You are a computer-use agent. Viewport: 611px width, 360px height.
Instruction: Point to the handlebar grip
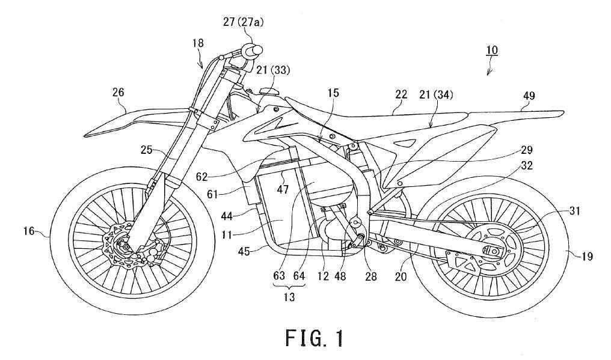tap(253, 49)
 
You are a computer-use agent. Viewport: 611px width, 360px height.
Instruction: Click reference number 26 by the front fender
tap(119, 92)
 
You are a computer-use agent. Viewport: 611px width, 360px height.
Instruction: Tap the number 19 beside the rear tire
tap(587, 256)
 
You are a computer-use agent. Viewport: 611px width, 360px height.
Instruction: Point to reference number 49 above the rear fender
tap(529, 95)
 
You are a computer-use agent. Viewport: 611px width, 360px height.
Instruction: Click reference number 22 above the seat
tap(401, 94)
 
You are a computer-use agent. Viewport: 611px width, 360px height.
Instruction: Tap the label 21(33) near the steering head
tap(272, 70)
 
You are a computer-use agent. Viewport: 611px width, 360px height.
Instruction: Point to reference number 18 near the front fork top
tap(198, 43)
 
